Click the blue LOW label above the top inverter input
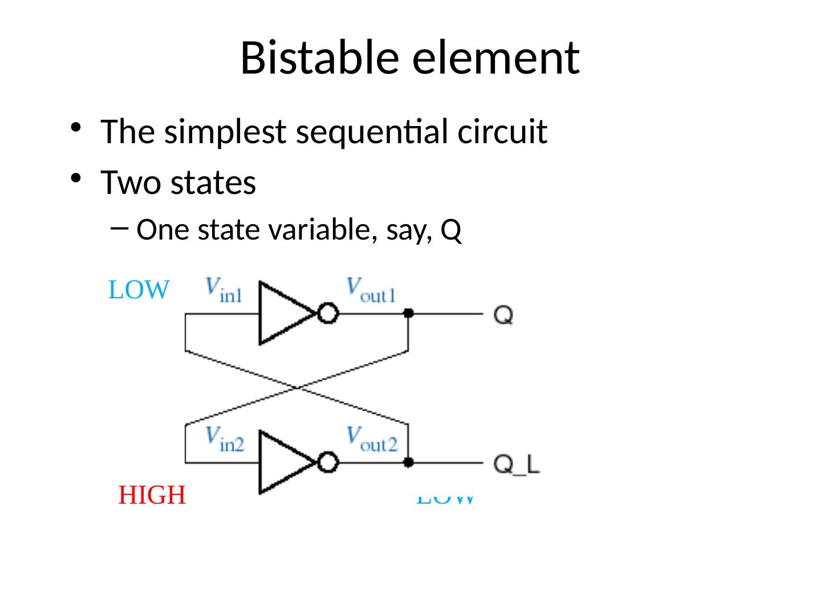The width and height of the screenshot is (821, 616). [139, 290]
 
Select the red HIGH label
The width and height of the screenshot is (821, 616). [152, 495]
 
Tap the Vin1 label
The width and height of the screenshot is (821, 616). [223, 289]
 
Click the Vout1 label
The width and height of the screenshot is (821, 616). [371, 289]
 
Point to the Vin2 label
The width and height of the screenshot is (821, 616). [225, 439]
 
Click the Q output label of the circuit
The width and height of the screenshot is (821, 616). [503, 314]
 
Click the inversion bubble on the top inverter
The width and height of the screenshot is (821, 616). [328, 313]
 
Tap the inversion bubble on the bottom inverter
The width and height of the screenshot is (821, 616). [328, 463]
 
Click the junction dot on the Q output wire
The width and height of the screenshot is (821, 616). [408, 313]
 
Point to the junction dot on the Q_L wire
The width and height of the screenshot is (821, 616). [408, 463]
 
